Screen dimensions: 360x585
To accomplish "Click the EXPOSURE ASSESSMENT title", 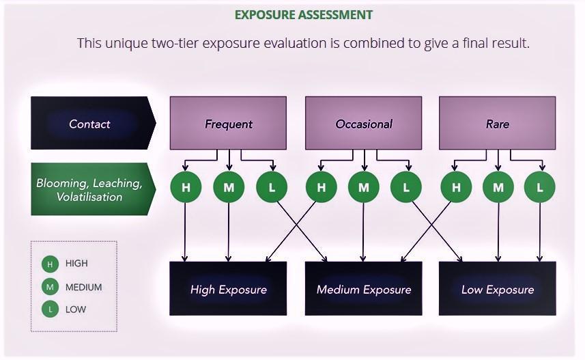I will (x=303, y=14).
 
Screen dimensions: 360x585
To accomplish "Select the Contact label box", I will (x=90, y=124).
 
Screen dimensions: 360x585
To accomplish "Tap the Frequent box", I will (x=228, y=124).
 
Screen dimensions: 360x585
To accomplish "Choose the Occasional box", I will (x=363, y=124).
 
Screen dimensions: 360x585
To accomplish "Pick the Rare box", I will (x=497, y=124).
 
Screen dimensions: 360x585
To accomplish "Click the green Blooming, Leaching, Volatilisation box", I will (x=89, y=189).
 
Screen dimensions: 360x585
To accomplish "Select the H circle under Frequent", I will (x=186, y=187).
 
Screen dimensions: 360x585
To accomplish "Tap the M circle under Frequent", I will (x=228, y=187).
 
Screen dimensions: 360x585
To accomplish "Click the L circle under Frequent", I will (x=272, y=187).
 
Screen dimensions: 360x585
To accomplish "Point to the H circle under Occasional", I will (x=321, y=187).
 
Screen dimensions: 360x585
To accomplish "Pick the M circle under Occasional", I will (x=363, y=187).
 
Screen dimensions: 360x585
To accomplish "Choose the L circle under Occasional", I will (x=406, y=187).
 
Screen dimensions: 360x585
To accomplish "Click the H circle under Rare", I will (x=456, y=187).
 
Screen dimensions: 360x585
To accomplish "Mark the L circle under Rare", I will (x=540, y=187).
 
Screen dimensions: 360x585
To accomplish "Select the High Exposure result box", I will (x=228, y=289).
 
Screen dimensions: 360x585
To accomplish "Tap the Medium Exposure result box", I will (x=363, y=289).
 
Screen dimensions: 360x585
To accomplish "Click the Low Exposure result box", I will (x=497, y=289).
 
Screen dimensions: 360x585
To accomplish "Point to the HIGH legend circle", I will (x=50, y=264).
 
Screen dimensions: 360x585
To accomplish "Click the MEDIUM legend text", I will (x=83, y=288).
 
